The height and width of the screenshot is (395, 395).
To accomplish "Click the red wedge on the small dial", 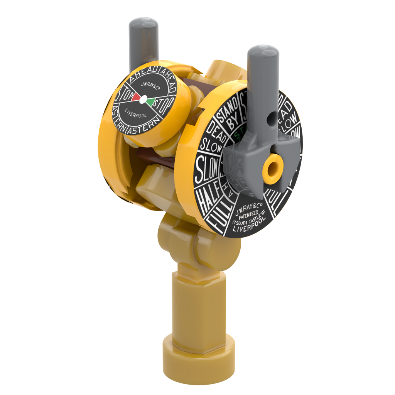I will click(x=136, y=97).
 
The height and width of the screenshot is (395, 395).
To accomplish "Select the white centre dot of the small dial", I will click(x=143, y=100).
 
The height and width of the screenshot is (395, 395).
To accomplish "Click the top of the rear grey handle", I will click(x=143, y=23).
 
